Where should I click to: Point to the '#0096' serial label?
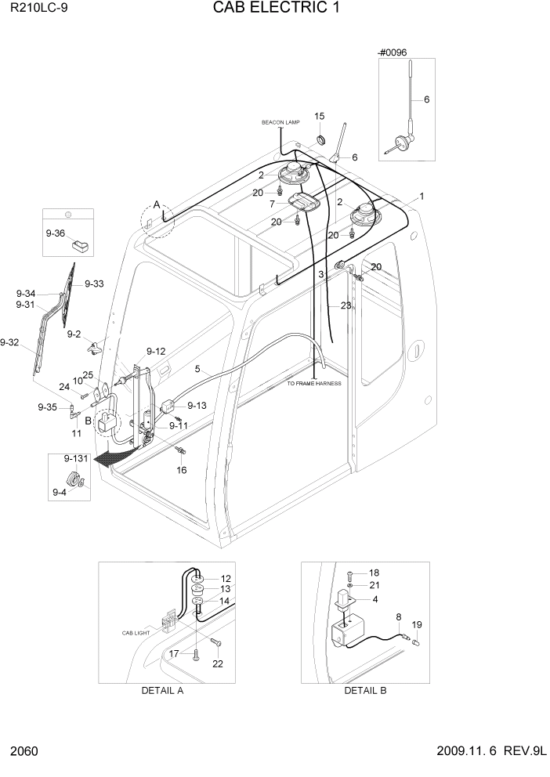(x=393, y=52)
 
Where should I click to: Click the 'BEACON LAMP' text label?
(x=280, y=123)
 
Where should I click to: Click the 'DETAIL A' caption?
(x=162, y=690)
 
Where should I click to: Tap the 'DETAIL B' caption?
(x=365, y=690)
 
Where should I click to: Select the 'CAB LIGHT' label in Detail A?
(x=135, y=633)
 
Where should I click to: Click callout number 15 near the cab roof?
(x=320, y=117)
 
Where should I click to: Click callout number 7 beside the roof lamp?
(x=273, y=204)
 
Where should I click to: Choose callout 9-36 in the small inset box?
(x=56, y=233)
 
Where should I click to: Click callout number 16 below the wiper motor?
(x=181, y=470)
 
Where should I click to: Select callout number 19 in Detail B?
(x=417, y=625)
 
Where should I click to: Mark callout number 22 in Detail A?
(x=217, y=664)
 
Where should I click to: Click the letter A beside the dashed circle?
(x=157, y=205)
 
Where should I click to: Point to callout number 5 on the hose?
(x=197, y=369)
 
